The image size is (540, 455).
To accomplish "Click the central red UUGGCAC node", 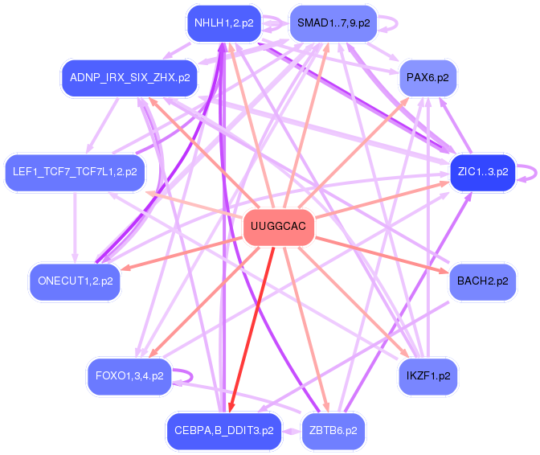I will [x=278, y=227].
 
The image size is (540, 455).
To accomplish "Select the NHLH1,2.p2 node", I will [x=223, y=23].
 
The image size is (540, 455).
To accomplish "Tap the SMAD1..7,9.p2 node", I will [x=333, y=23].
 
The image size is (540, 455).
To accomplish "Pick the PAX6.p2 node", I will [x=427, y=78].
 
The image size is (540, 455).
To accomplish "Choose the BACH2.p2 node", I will [x=482, y=281].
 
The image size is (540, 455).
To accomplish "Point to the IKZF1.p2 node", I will [x=427, y=375].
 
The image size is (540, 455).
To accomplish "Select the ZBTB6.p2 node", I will [x=333, y=430].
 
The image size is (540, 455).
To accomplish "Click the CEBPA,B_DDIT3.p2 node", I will [x=224, y=430].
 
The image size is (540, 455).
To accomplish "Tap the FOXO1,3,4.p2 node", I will [x=129, y=375].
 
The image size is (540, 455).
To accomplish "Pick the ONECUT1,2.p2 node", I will [x=75, y=281].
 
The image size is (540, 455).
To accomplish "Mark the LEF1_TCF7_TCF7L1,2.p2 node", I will [x=75, y=171].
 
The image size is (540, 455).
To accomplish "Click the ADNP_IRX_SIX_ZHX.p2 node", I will [x=129, y=78].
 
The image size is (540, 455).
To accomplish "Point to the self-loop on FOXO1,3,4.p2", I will [x=185, y=375].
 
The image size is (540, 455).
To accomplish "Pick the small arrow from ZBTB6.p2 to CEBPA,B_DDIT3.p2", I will [x=291, y=430].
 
